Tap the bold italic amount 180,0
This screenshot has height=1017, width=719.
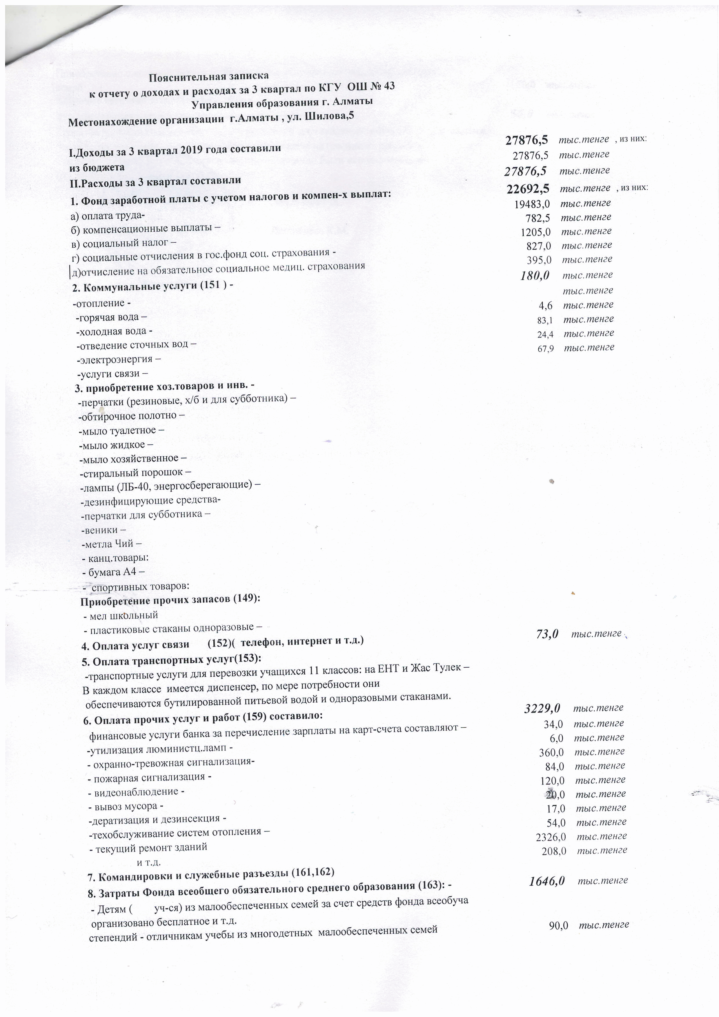[535, 275]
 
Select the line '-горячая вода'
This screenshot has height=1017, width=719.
[111, 317]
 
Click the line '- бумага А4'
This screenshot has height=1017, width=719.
[113, 572]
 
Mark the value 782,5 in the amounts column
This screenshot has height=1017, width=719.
[538, 217]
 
